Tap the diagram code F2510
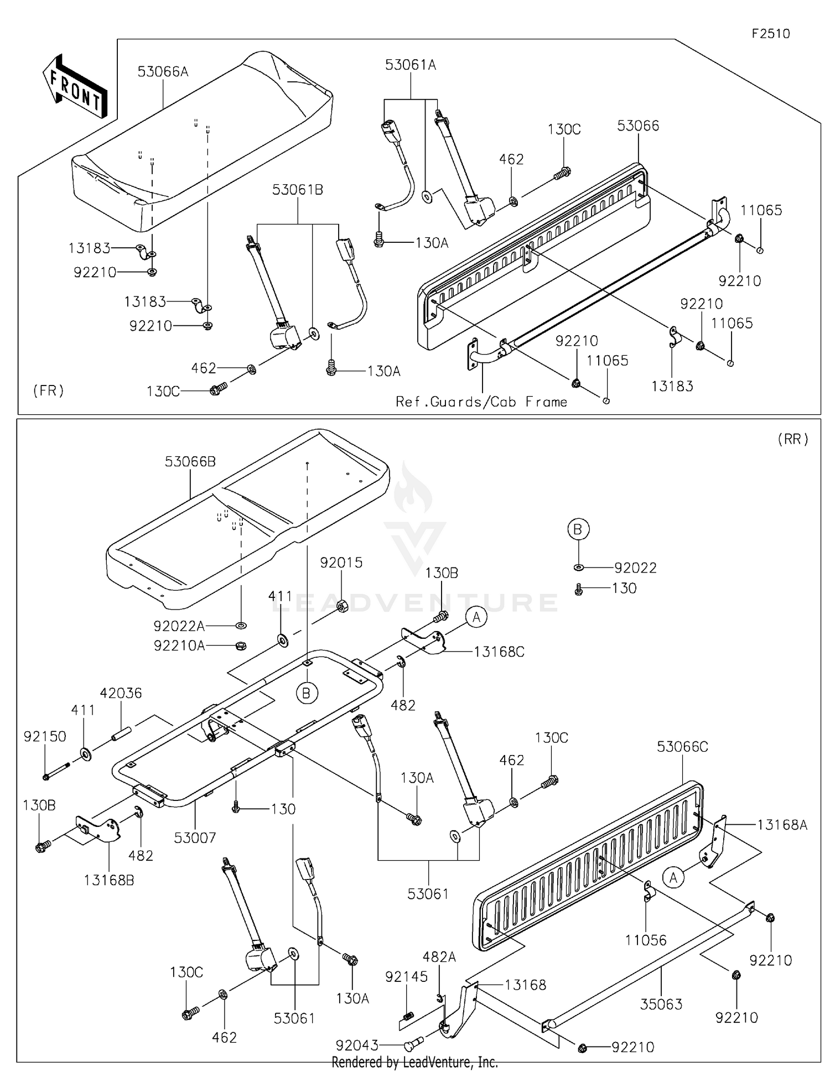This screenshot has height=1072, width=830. tap(771, 34)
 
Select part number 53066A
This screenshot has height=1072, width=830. tap(163, 71)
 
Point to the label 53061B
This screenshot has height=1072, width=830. tap(298, 190)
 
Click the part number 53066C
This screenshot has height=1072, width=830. tap(682, 747)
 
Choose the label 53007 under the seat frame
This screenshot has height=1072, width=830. tap(195, 838)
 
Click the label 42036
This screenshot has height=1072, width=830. tap(121, 693)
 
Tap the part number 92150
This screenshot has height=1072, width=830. tap(45, 736)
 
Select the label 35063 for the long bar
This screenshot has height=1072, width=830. tap(661, 1004)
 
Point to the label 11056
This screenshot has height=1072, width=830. tap(646, 940)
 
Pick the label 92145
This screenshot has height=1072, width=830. tap(407, 976)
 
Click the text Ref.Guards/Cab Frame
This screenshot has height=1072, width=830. tap(481, 402)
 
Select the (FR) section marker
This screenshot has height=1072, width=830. tap(49, 391)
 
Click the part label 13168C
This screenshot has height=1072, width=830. tap(499, 652)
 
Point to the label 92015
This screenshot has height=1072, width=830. tap(341, 563)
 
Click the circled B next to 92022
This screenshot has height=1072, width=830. tap(578, 529)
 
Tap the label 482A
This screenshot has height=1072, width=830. tap(439, 956)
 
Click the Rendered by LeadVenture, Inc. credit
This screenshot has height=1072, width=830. tap(415, 1062)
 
